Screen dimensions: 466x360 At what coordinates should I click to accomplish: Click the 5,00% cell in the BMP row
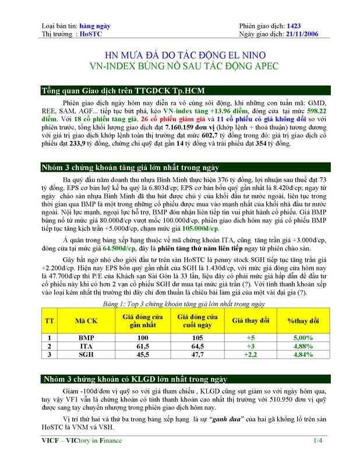(x=301, y=337)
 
